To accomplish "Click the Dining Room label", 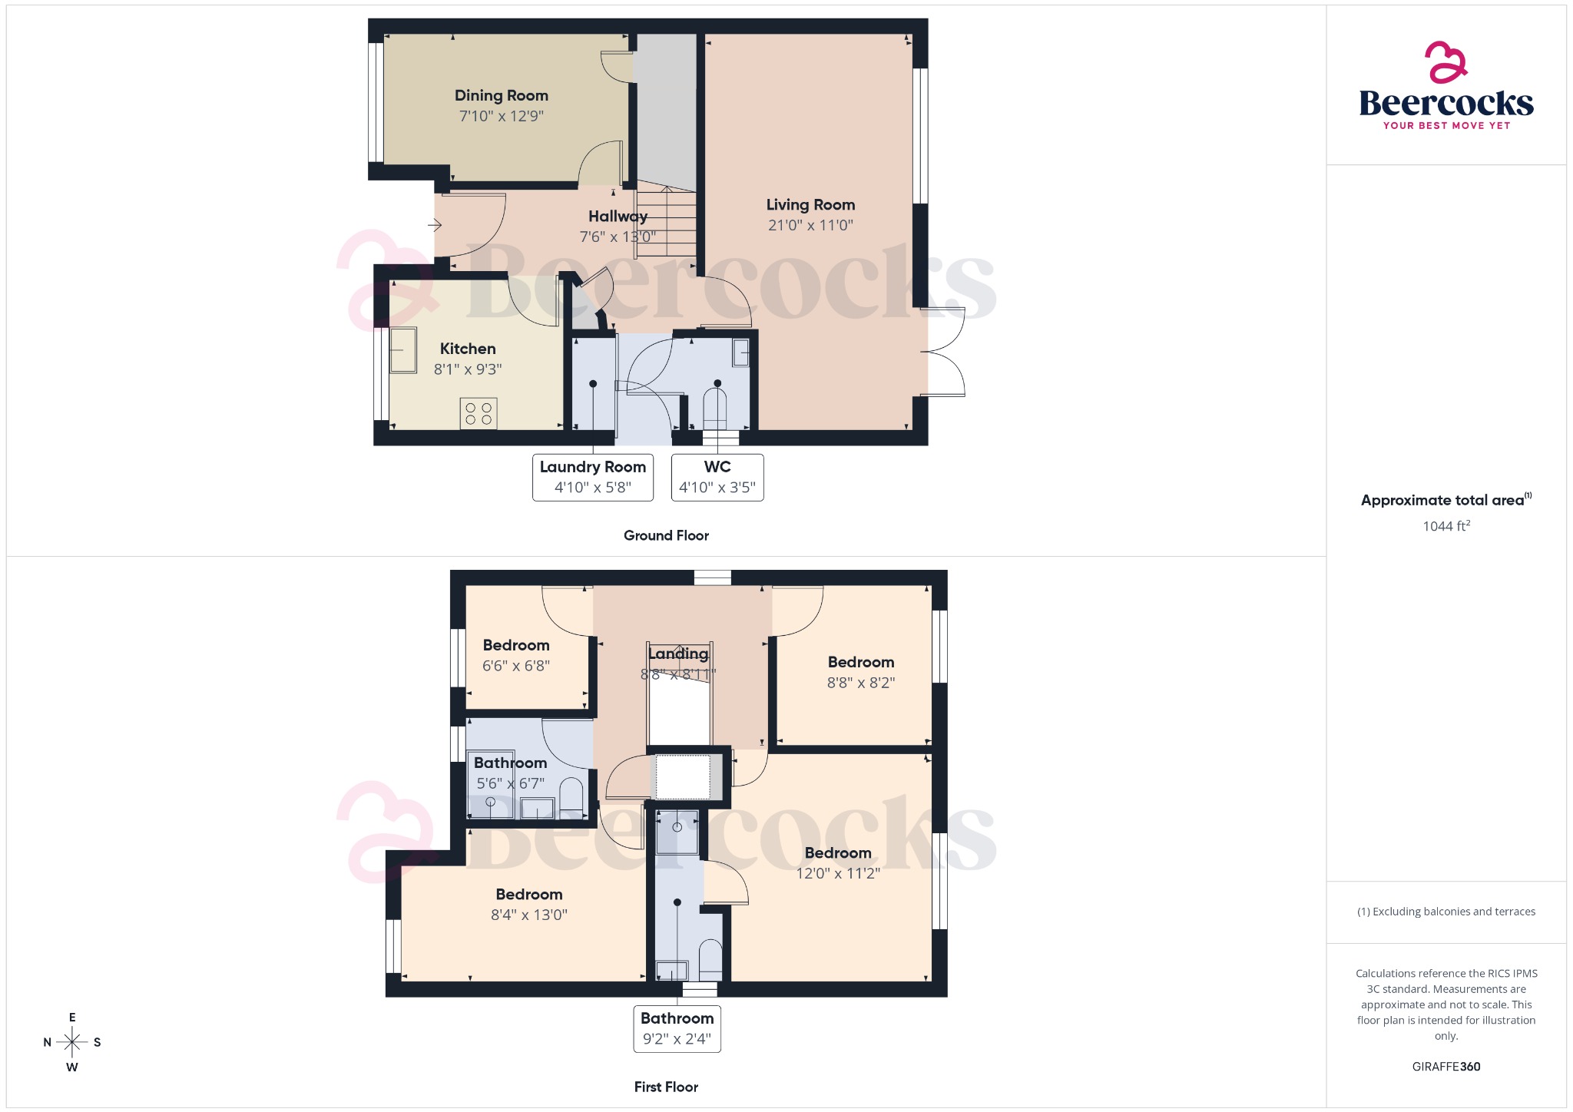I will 502,96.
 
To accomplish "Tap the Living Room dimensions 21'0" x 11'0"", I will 810,225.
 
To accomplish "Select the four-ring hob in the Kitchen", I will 479,413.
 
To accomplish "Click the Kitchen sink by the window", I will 403,350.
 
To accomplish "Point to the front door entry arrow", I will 435,225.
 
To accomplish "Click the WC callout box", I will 717,477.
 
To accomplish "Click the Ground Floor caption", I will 666,535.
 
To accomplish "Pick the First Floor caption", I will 666,1087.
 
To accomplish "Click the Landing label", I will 678,654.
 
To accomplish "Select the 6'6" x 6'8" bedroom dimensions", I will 516,666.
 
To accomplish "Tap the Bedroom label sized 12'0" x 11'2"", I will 838,853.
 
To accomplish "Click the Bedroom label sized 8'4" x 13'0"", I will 529,895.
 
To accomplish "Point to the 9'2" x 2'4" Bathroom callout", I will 677,1028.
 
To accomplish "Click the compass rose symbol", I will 72,1042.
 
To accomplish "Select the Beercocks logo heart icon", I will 1446,62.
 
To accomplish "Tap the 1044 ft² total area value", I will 1446,526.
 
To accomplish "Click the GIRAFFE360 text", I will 1446,1067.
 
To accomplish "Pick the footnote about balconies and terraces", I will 1446,912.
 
